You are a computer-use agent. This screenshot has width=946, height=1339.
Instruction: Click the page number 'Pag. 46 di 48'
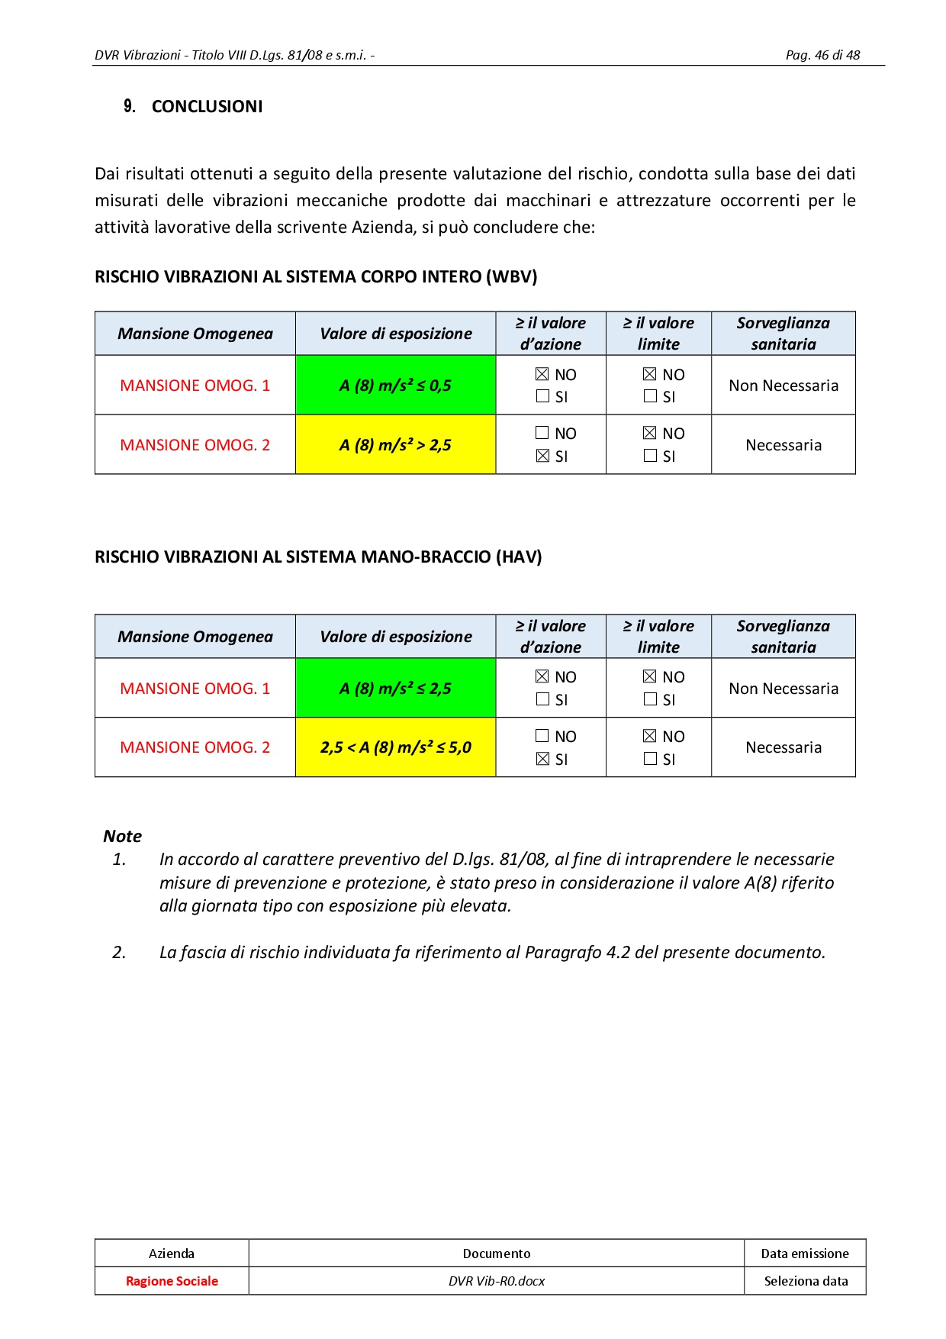[x=822, y=55]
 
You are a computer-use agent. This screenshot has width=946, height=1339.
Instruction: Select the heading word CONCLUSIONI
[x=207, y=107]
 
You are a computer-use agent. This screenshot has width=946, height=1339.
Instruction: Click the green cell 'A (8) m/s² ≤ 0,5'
[x=395, y=386]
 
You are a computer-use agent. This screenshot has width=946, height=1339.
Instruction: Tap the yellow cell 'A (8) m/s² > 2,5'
[x=395, y=445]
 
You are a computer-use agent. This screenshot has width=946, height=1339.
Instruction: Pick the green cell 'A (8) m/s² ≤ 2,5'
[x=395, y=689]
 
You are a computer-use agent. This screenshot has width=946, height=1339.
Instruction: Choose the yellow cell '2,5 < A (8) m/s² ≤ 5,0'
[x=395, y=747]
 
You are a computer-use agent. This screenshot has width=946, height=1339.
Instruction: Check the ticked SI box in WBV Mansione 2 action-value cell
[x=542, y=456]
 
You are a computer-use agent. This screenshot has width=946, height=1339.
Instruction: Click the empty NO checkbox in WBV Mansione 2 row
[x=542, y=433]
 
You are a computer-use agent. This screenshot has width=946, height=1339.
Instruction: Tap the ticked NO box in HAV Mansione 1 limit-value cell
[x=650, y=676]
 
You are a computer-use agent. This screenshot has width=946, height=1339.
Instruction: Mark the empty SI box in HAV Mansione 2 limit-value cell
[x=650, y=759]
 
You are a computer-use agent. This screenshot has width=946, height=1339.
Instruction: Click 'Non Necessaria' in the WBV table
[x=784, y=386]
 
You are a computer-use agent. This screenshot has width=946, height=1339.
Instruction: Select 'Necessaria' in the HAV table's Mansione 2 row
[x=784, y=747]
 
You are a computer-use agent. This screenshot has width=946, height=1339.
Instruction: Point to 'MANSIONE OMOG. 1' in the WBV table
[x=195, y=386]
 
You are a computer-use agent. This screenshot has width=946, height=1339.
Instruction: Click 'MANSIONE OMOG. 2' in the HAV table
[x=195, y=747]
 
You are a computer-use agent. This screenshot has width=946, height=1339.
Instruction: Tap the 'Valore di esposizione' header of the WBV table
[x=395, y=334]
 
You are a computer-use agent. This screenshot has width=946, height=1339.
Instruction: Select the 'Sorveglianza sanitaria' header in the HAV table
[x=784, y=637]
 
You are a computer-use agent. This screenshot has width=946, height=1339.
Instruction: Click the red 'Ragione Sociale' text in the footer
[x=172, y=1281]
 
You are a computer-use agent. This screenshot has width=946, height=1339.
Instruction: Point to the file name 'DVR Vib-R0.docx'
[x=497, y=1281]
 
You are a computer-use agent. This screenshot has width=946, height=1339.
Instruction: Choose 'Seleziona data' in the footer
[x=806, y=1281]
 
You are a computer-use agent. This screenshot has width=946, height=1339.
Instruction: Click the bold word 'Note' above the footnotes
[x=123, y=836]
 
